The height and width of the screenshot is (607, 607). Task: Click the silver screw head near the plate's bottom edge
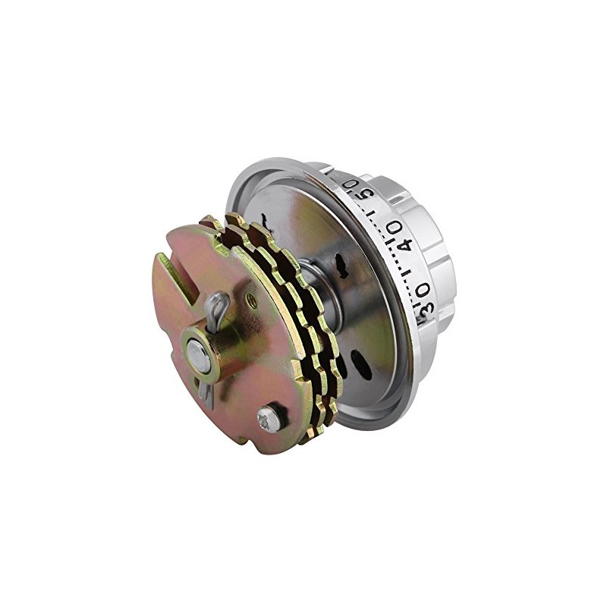point(269,417)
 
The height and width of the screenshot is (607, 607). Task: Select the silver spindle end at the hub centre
point(199,355)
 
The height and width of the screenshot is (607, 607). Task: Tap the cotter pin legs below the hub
point(204,391)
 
